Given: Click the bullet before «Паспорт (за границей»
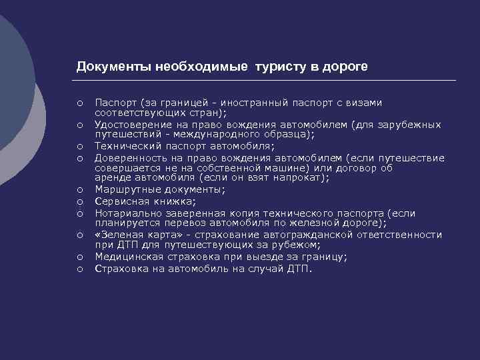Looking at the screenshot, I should click(x=79, y=103).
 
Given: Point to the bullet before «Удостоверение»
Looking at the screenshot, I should click(x=79, y=125).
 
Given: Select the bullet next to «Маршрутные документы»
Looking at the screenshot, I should click(x=79, y=190).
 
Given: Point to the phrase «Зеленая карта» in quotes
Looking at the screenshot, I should click(x=134, y=235).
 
